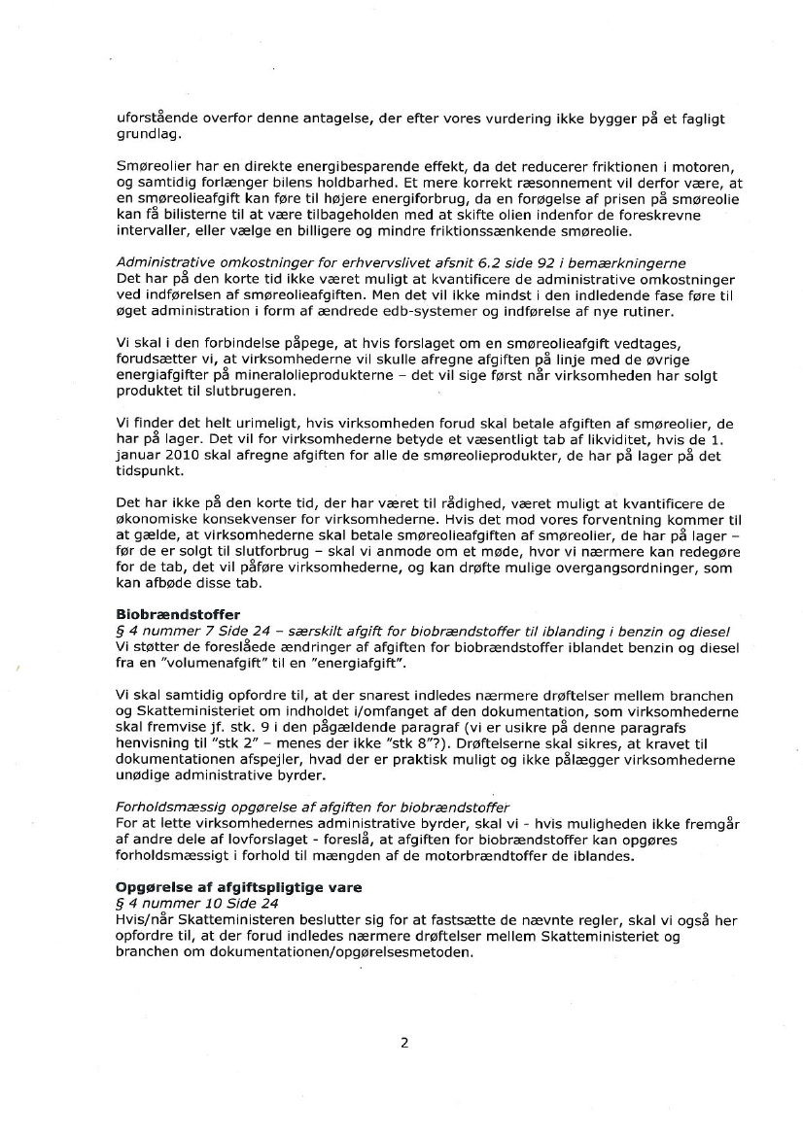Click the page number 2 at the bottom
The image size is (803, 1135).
403,1044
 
